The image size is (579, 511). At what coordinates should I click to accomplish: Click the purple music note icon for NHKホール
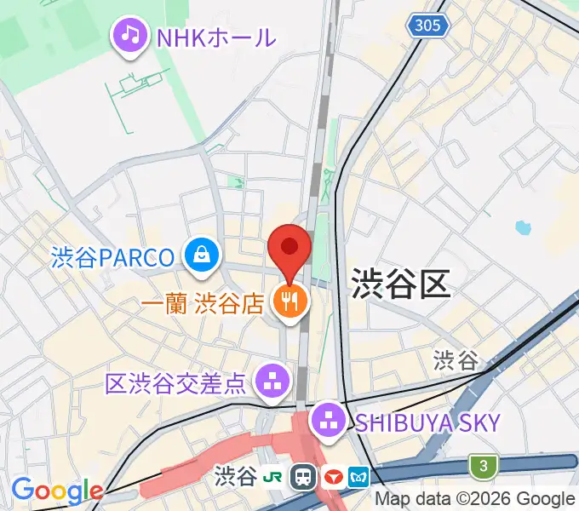coord(129,35)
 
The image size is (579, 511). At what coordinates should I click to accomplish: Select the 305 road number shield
coord(429,26)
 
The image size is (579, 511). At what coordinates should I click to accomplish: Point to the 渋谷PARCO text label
coord(112,255)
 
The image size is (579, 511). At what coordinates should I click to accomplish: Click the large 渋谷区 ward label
coord(400,282)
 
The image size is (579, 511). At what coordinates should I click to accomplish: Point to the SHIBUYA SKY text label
coord(427,421)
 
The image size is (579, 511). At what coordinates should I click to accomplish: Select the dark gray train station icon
coord(302,476)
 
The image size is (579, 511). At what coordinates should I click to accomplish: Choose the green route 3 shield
coord(484,466)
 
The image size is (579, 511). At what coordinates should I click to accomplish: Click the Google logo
coord(56,491)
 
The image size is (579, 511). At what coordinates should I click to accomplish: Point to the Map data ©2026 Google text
coord(475,499)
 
